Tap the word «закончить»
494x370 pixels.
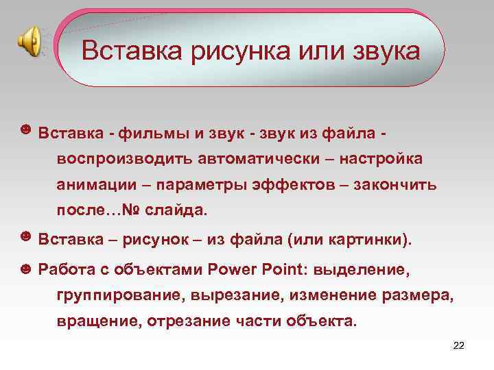point(396,185)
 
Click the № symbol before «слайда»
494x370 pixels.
point(130,211)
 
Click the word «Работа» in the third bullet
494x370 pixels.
point(67,269)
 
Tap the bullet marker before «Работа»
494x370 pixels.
point(25,268)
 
